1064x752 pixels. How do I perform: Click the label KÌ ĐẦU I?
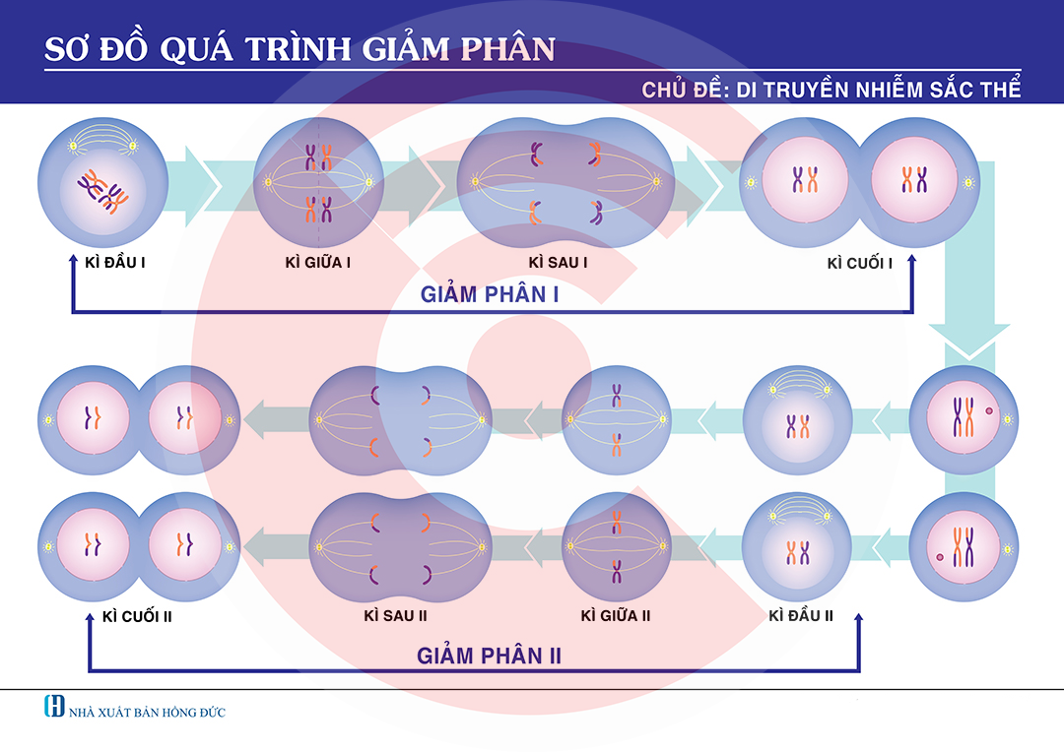[111, 263]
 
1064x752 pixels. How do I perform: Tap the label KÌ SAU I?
[558, 263]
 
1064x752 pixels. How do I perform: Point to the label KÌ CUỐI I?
[860, 263]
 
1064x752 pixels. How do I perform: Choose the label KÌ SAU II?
[395, 616]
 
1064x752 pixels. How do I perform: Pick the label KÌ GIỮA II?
[616, 616]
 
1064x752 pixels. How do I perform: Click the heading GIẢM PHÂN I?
[490, 293]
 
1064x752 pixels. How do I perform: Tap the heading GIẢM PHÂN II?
[489, 656]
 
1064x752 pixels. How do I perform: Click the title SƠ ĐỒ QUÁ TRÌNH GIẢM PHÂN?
[299, 49]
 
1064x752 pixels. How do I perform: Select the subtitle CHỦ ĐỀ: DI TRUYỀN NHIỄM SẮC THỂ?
[831, 90]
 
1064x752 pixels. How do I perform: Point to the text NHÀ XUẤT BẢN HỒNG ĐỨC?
[147, 712]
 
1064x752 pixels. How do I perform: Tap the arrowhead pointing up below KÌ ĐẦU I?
[72, 258]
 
